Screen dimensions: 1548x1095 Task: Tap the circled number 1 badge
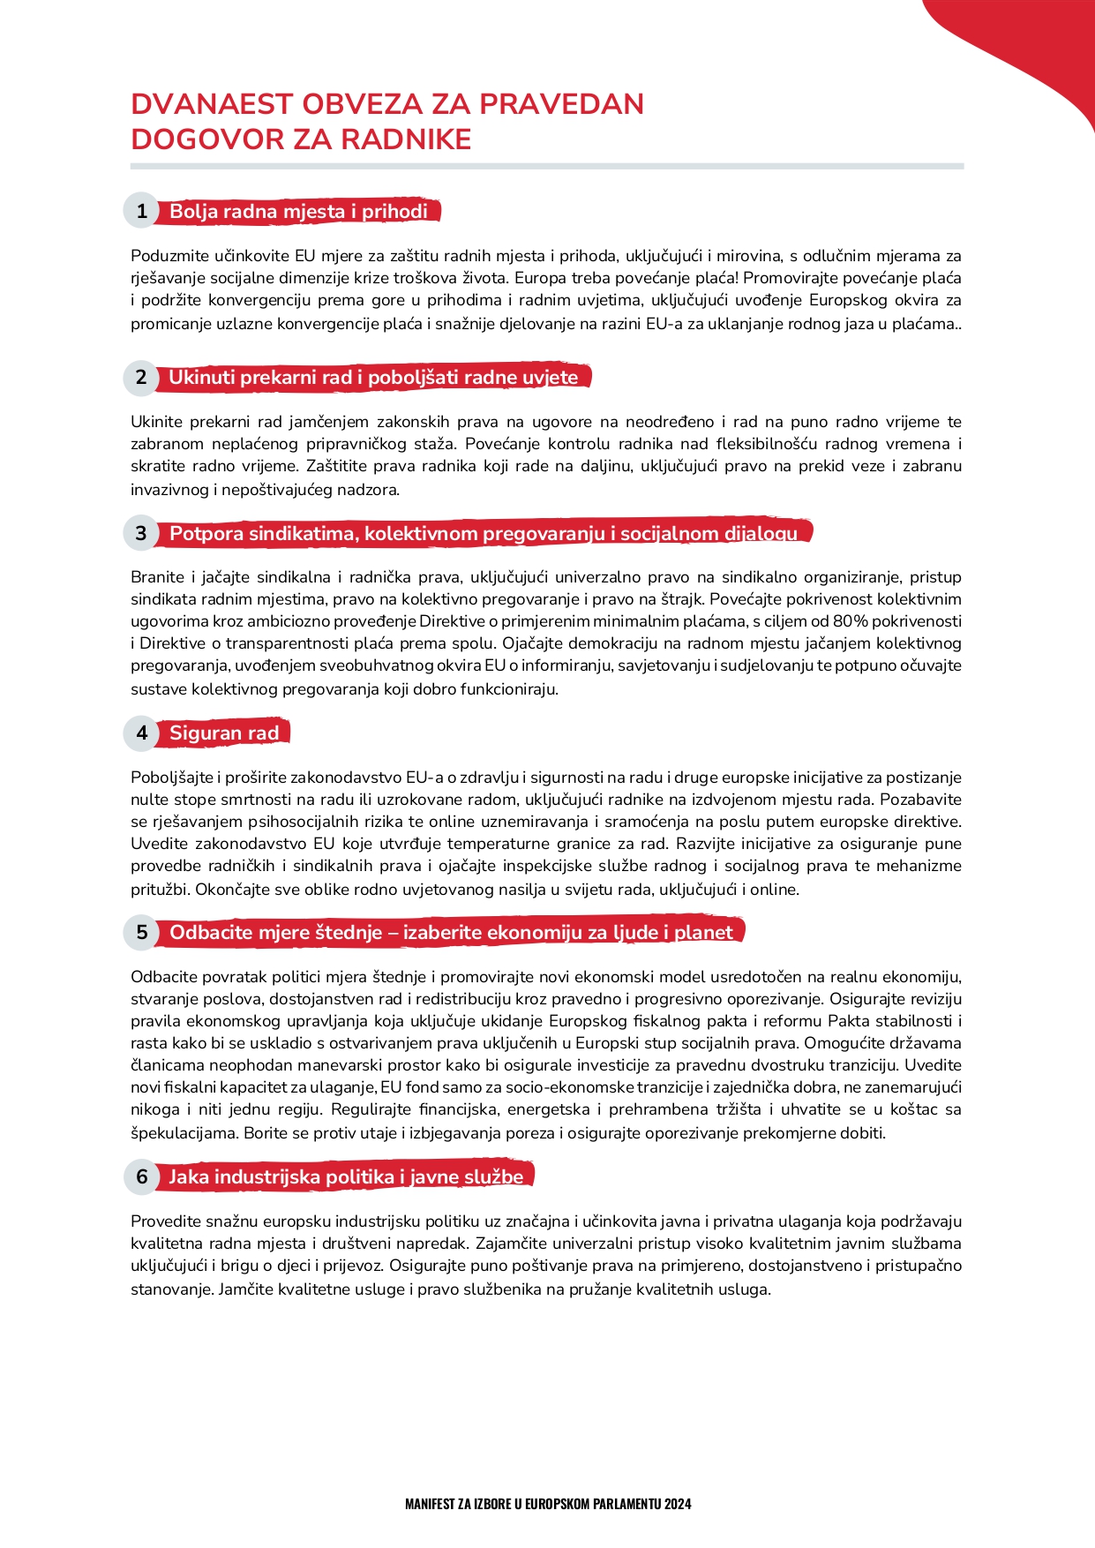pos(141,211)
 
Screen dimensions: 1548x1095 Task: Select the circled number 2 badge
pos(141,377)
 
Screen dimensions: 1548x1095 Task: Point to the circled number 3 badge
pos(141,533)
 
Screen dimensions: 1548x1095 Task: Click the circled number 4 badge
pos(141,733)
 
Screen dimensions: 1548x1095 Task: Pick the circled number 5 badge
pos(141,932)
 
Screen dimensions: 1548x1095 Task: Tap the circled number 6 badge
pos(141,1176)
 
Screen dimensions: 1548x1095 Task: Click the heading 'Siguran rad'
pos(224,733)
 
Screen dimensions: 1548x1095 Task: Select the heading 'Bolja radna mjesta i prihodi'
pos(298,211)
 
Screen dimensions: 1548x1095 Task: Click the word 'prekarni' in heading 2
pos(278,377)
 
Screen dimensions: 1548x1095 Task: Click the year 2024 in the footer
pos(679,1504)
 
